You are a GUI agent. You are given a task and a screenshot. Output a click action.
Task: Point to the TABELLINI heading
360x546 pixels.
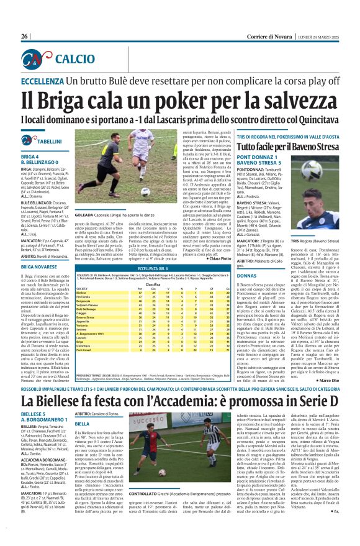pyautogui.click(x=48, y=142)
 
